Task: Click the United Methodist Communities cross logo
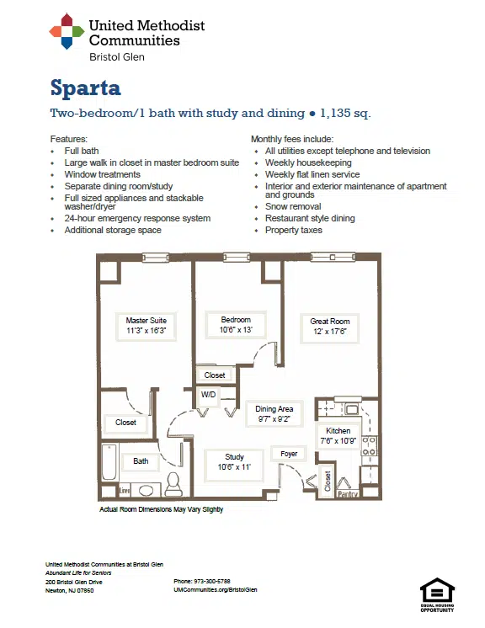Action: click(67, 31)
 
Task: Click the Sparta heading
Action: click(85, 88)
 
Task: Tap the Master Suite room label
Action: click(147, 326)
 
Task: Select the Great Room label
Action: click(329, 327)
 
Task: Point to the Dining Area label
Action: click(274, 413)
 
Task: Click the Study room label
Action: click(234, 462)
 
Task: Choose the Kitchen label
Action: click(338, 436)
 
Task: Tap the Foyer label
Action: click(289, 454)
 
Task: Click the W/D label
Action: click(208, 395)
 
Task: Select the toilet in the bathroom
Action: click(173, 484)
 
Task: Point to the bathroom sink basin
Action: click(146, 491)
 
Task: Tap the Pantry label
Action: click(347, 494)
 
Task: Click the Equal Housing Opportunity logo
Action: click(437, 595)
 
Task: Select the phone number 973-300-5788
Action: click(212, 581)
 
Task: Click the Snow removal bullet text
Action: click(293, 206)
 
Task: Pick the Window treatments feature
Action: click(102, 174)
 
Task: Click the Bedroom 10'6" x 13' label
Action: click(236, 325)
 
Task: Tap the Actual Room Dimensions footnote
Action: click(162, 509)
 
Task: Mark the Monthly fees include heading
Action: click(292, 140)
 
